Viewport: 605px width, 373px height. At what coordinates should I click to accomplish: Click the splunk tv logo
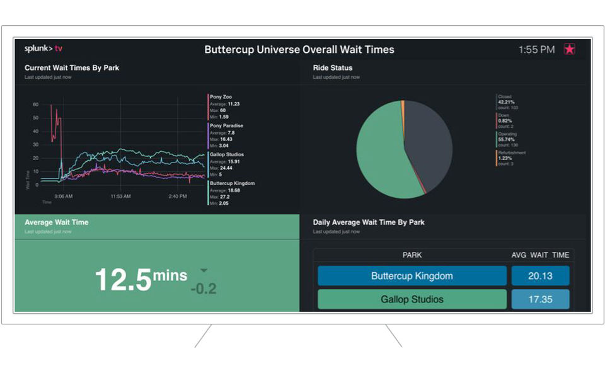[43, 49]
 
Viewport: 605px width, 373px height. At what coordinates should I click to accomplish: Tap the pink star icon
[569, 49]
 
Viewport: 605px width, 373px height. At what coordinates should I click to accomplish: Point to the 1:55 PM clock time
[536, 49]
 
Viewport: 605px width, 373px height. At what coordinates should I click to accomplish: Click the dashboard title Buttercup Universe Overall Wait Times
[299, 49]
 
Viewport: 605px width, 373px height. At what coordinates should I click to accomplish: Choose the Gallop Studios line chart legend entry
[226, 154]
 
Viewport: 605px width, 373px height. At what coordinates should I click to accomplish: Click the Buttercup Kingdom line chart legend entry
[232, 183]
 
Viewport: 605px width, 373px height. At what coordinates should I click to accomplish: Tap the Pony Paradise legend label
[226, 125]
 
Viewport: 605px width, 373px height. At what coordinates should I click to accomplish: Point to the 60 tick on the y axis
[35, 105]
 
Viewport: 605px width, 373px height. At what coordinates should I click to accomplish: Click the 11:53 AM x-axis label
[120, 197]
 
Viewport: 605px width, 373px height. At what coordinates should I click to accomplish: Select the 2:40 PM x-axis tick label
[178, 197]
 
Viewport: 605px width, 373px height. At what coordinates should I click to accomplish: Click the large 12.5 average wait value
[123, 279]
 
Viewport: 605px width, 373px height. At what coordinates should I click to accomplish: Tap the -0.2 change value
[203, 289]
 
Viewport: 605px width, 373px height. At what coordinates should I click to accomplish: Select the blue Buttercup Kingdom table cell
[412, 276]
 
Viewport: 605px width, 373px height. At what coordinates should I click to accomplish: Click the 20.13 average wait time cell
[540, 276]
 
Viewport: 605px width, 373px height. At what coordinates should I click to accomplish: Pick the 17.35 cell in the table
[540, 299]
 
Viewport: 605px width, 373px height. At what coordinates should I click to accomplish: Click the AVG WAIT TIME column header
[540, 255]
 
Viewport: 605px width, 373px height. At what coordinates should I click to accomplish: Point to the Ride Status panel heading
[332, 67]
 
